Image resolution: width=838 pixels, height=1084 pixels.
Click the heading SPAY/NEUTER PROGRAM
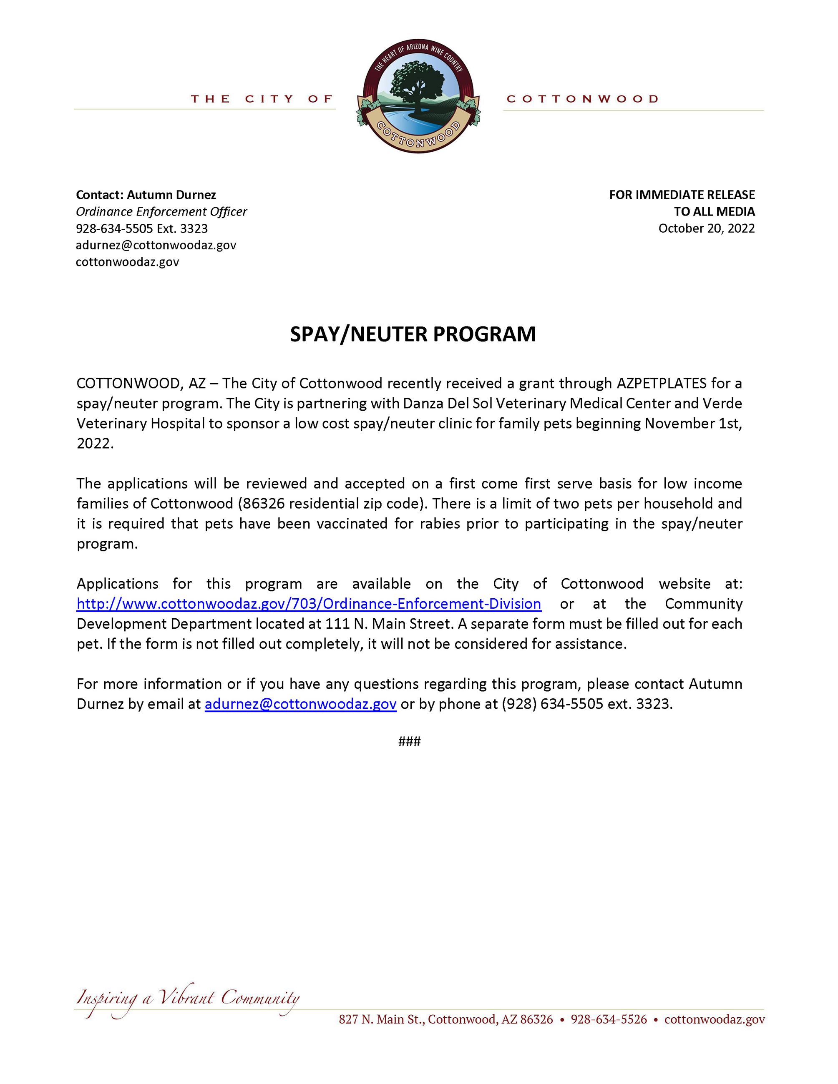(413, 334)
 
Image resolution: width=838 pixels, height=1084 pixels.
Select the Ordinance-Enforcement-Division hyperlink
(308, 604)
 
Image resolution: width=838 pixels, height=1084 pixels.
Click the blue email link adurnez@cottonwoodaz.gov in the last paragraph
(300, 704)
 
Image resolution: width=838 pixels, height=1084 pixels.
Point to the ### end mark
(409, 742)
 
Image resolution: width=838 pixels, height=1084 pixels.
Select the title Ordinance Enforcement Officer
(161, 211)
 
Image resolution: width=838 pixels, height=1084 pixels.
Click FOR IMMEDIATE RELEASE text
(682, 195)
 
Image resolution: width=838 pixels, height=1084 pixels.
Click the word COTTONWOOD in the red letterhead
(582, 99)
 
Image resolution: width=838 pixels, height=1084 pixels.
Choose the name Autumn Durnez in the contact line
(171, 195)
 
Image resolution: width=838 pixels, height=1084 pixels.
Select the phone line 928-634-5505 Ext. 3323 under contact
(141, 228)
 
